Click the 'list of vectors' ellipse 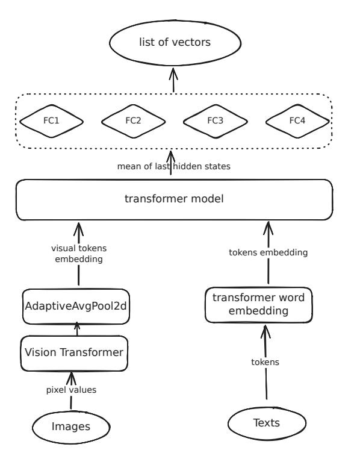[175, 43]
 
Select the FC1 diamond [51, 121]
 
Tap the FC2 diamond [134, 121]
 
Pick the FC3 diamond [216, 121]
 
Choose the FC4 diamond [297, 121]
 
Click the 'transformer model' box [175, 199]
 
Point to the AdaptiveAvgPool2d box [76, 307]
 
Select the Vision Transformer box [74, 354]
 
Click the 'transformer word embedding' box [258, 305]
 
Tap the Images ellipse [71, 427]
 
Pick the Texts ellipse [267, 423]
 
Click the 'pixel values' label [72, 390]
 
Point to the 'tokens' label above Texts [265, 362]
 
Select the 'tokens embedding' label [268, 252]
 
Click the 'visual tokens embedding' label [79, 254]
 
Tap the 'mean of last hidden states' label [174, 166]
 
